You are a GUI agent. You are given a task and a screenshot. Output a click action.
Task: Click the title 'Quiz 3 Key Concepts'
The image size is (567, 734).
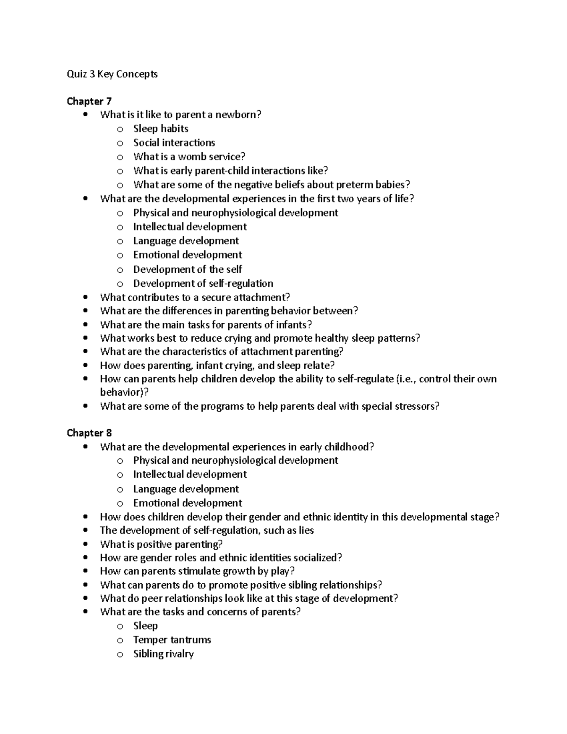(112, 74)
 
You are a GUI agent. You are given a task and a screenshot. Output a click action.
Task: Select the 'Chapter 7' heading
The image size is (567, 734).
(89, 101)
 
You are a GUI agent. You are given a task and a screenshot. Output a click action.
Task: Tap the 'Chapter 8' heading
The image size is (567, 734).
(89, 433)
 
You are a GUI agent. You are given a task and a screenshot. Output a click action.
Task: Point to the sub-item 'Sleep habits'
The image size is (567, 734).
(161, 129)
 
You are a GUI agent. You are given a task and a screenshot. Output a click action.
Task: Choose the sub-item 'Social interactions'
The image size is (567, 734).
(174, 143)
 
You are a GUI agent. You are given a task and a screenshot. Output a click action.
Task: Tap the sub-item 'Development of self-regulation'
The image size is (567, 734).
(203, 284)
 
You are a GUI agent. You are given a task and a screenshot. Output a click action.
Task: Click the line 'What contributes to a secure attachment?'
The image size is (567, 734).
(195, 297)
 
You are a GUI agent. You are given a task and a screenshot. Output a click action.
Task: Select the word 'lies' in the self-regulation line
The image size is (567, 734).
(306, 531)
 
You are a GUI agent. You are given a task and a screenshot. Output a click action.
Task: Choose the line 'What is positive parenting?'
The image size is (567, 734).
(161, 544)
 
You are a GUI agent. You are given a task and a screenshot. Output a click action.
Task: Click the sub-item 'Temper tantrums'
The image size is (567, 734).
(172, 640)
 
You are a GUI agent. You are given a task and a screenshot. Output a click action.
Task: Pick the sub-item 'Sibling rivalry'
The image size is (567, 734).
(163, 654)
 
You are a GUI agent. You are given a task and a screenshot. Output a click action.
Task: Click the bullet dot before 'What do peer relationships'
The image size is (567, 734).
(85, 599)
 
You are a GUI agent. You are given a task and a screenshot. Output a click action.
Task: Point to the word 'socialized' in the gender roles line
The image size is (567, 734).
(316, 558)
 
